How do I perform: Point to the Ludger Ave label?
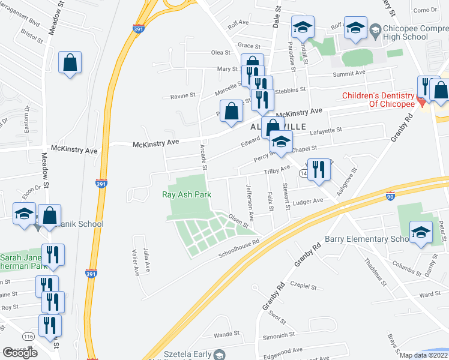[x=310, y=200]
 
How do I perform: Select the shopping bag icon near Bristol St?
[x=70, y=62]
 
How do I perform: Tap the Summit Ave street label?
[x=349, y=73]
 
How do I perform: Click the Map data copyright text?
[x=424, y=355]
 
